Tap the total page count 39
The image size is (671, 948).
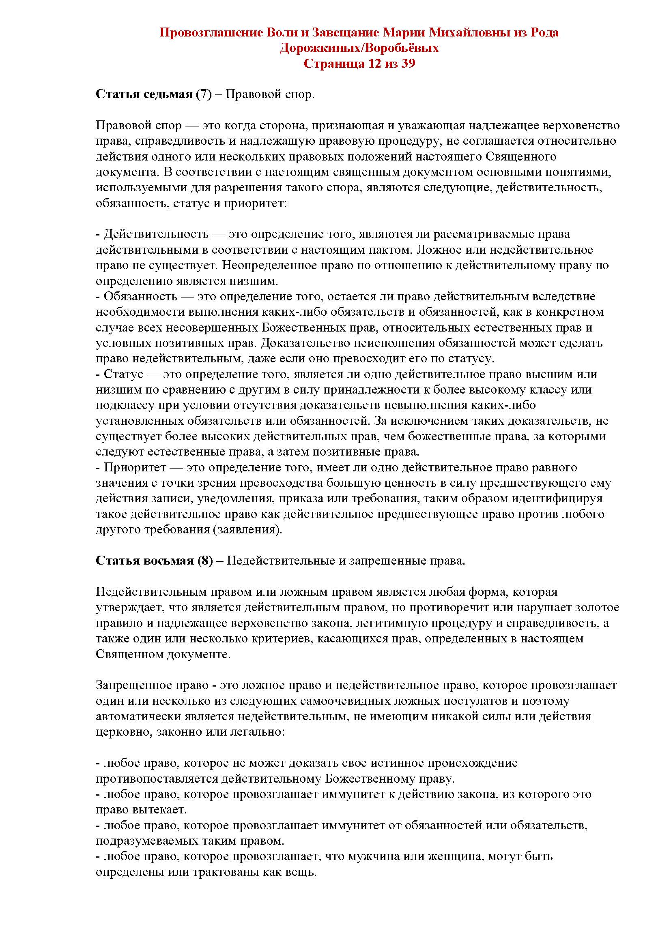[406, 64]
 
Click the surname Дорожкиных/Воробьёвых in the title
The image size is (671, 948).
[359, 48]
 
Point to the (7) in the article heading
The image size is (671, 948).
[203, 94]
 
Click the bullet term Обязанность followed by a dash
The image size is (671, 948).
[140, 296]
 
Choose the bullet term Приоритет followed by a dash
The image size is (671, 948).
[135, 467]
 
